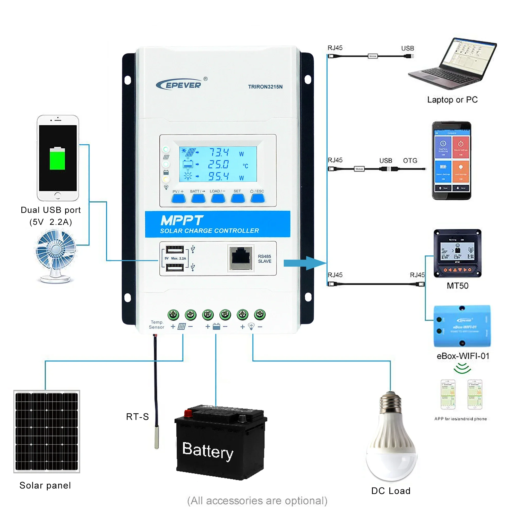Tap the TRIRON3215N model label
[265, 87]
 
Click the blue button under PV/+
[179, 199]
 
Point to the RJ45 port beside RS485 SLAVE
[241, 258]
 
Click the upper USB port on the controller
[175, 250]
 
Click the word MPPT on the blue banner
[182, 221]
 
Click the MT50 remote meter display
[457, 251]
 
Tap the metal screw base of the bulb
[391, 404]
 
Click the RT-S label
[137, 417]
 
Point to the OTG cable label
[410, 161]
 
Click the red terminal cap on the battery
[188, 414]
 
